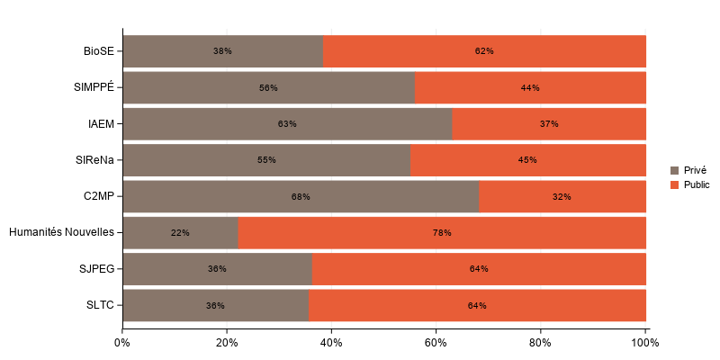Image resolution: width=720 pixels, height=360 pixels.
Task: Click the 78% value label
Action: point(442,233)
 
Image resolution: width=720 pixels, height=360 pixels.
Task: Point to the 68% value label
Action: point(301,196)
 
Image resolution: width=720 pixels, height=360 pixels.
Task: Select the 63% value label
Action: point(287,123)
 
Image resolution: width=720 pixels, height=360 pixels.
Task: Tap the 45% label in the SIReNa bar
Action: point(527,160)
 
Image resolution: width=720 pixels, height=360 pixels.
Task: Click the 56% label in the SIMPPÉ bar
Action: point(268,88)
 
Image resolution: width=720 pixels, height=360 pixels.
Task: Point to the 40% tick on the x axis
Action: point(331,343)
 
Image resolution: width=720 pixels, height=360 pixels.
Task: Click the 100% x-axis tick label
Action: point(645,343)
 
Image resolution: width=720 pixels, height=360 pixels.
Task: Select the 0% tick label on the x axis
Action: point(122,343)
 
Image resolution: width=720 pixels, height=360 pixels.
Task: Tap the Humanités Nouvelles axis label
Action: point(61,232)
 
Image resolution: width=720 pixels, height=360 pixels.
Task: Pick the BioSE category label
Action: point(99,51)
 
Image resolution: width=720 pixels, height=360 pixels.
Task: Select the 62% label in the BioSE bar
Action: point(484,51)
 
